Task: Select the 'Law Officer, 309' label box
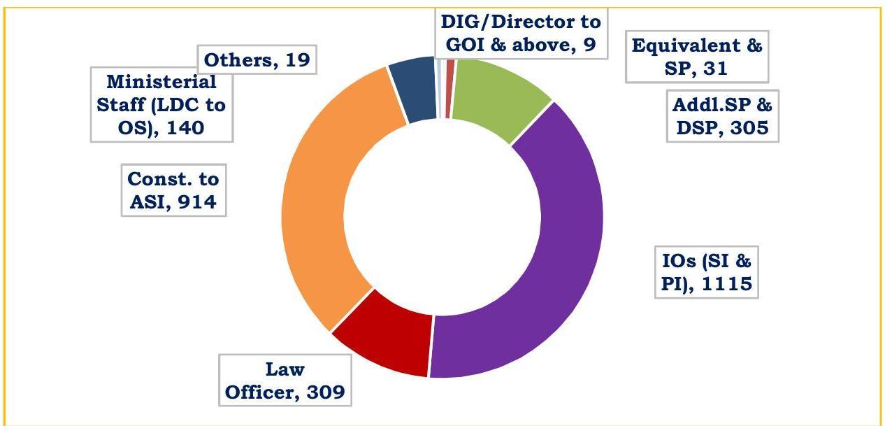[285, 381]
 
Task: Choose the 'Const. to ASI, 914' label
[173, 191]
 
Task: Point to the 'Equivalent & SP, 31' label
[696, 57]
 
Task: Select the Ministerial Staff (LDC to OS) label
[162, 105]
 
